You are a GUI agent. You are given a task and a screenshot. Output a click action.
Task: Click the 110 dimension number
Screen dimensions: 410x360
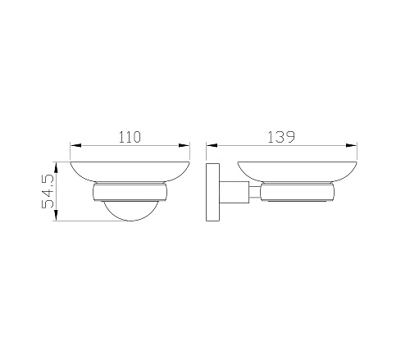click(130, 137)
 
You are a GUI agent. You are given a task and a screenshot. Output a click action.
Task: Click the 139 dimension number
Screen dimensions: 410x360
click(281, 137)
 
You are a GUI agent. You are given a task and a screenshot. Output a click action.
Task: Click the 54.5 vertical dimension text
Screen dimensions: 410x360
click(48, 191)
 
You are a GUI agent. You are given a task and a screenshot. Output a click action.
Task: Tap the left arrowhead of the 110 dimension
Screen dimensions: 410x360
click(76, 145)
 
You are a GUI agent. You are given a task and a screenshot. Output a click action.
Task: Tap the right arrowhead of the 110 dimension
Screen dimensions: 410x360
click(184, 145)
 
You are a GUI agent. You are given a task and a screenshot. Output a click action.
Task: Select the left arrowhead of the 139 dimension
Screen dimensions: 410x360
click(212, 145)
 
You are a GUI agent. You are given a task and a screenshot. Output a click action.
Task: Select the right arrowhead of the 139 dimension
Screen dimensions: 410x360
click(352, 145)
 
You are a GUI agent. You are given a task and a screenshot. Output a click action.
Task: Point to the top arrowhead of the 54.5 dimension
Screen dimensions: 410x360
click(56, 167)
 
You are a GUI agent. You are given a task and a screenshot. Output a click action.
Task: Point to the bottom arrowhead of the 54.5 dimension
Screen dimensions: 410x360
click(56, 215)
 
